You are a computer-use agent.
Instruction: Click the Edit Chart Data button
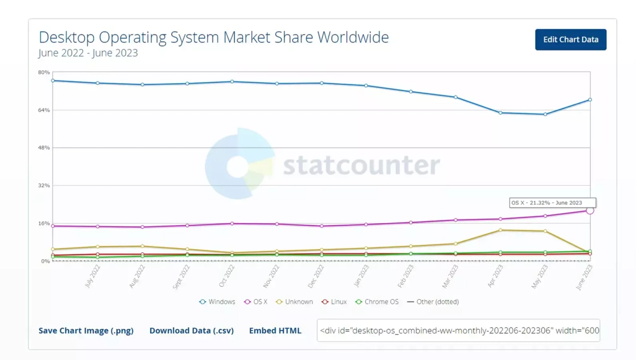click(570, 40)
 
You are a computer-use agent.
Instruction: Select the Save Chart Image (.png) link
click(86, 331)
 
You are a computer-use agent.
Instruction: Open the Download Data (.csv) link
click(191, 331)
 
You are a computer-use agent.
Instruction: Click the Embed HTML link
click(275, 331)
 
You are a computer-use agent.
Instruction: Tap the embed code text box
click(458, 331)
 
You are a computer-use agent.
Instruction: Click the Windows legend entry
click(217, 302)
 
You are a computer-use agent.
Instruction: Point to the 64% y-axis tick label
click(43, 110)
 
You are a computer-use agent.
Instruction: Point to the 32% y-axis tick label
click(43, 186)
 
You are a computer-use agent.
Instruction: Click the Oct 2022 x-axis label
click(227, 276)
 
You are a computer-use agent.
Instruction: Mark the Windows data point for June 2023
click(589, 100)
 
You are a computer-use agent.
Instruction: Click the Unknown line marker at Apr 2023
click(500, 230)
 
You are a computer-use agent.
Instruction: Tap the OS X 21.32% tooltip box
click(553, 203)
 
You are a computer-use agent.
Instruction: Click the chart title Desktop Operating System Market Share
click(214, 37)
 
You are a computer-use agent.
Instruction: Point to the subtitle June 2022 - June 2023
click(88, 53)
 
